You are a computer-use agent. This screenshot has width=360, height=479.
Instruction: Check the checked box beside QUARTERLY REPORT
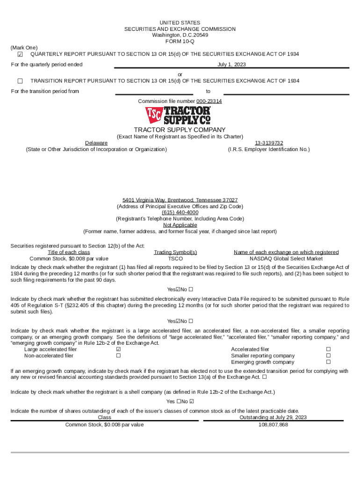[20, 55]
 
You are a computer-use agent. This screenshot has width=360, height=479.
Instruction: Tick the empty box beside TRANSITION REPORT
[20, 81]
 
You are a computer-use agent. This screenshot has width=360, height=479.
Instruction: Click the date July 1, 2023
[231, 65]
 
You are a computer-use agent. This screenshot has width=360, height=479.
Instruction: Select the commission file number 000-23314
[209, 101]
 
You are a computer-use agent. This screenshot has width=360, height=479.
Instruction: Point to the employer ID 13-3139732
[269, 143]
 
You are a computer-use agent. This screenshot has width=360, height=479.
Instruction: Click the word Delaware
[96, 143]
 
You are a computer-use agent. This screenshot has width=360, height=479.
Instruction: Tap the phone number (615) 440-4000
[180, 212]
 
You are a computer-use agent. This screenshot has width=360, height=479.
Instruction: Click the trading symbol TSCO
[175, 258]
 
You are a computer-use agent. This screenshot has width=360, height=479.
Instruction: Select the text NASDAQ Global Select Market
[286, 258]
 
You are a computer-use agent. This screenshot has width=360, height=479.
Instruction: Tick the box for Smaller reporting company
[328, 356]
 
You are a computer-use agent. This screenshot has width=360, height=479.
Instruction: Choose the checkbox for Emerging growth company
[328, 362]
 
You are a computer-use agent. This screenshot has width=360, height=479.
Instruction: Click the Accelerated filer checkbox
[328, 349]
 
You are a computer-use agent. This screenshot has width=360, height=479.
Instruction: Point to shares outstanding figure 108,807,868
[273, 425]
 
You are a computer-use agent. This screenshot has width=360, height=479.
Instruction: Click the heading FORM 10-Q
[180, 42]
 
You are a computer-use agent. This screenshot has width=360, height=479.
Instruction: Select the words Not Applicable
[180, 225]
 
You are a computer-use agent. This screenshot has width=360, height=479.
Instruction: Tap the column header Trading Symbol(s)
[175, 252]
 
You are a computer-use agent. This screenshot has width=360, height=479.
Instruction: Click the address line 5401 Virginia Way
[180, 200]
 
